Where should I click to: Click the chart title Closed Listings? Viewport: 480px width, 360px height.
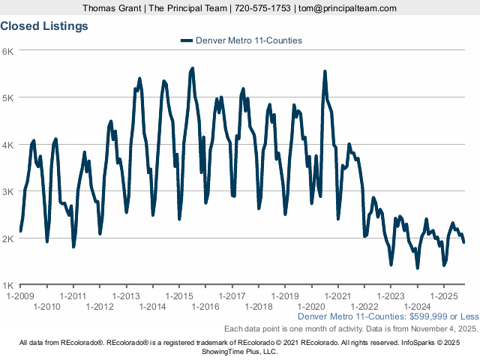44,25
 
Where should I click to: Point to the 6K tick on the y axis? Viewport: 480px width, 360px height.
8,51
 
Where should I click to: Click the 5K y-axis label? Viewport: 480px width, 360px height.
8,97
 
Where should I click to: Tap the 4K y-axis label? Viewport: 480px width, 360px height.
8,145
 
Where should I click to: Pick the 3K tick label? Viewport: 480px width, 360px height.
8,192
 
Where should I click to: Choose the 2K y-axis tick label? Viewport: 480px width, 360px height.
8,238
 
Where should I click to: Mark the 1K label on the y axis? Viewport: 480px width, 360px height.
8,286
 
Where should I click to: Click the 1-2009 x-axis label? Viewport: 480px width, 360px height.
20,295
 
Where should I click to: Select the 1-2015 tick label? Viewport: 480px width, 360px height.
178,295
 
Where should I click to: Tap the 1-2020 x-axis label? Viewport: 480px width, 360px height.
311,306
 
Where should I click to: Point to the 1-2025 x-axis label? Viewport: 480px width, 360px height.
443,295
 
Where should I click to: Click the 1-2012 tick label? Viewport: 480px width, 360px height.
100,306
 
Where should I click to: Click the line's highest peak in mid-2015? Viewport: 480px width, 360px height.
193,68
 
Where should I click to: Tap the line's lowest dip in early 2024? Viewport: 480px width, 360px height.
418,268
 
